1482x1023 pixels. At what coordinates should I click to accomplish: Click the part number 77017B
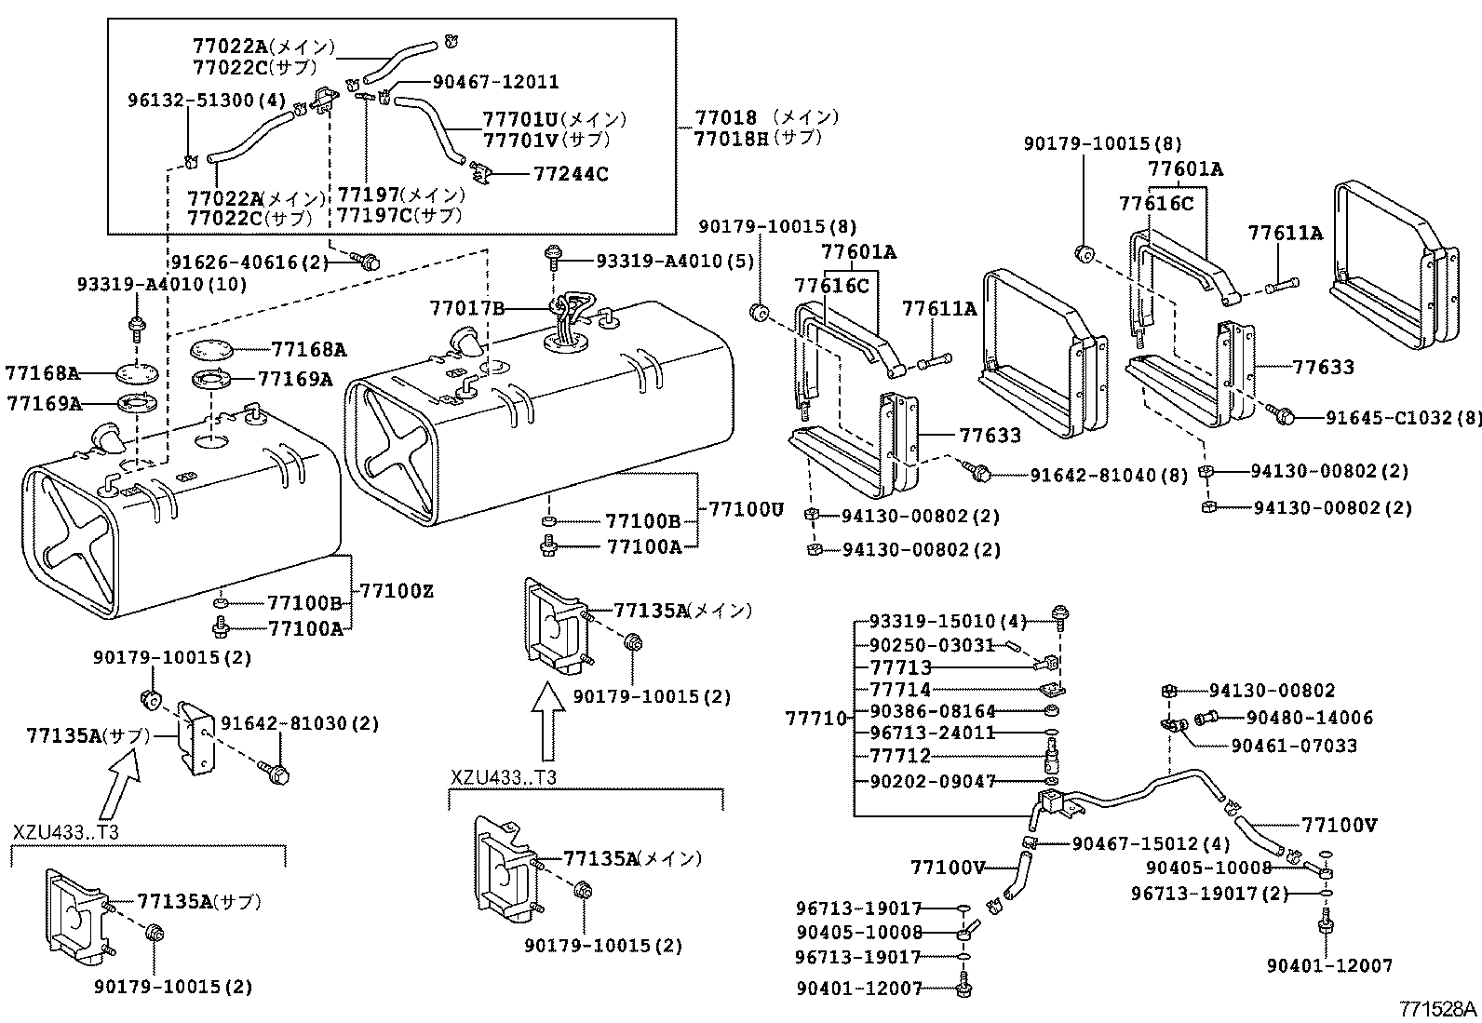tap(466, 307)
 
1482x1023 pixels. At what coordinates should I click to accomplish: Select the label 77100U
tap(747, 509)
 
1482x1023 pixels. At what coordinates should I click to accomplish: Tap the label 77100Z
tap(397, 591)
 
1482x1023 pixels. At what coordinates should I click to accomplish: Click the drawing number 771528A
tap(1439, 1008)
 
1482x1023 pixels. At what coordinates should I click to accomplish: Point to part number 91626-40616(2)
tap(250, 262)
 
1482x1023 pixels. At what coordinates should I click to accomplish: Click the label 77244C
tap(571, 174)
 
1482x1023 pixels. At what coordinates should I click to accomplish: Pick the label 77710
tap(816, 718)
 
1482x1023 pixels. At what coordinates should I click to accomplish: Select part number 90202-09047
tap(933, 781)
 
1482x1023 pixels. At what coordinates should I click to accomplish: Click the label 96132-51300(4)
tap(206, 101)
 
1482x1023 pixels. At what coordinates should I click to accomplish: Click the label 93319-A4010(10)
tap(150, 284)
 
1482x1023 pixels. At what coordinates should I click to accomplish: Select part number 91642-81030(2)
tap(286, 723)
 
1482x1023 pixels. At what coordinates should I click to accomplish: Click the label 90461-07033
tap(1294, 746)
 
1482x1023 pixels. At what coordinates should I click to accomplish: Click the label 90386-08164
tap(933, 710)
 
